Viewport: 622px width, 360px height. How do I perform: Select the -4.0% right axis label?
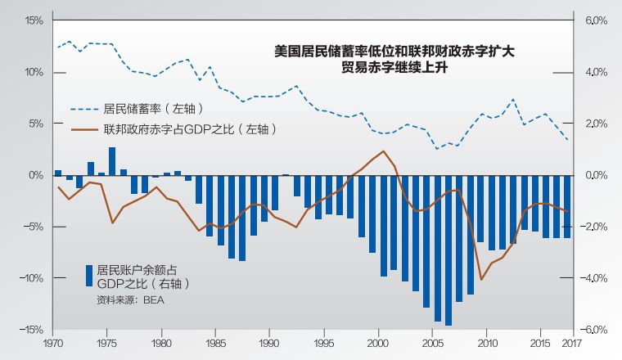[x=595, y=278]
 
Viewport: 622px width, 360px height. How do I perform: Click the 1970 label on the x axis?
[x=54, y=343]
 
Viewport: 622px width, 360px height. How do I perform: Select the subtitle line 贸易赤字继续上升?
[x=395, y=69]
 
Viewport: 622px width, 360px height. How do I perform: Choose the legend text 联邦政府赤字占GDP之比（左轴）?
[x=189, y=128]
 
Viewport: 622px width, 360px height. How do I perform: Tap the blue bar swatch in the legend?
[x=88, y=275]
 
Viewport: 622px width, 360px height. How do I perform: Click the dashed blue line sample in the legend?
[x=83, y=108]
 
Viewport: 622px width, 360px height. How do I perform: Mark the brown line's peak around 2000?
[x=384, y=151]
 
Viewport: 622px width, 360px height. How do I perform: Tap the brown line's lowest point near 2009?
[x=481, y=279]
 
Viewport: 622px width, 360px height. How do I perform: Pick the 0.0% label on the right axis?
[x=595, y=175]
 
